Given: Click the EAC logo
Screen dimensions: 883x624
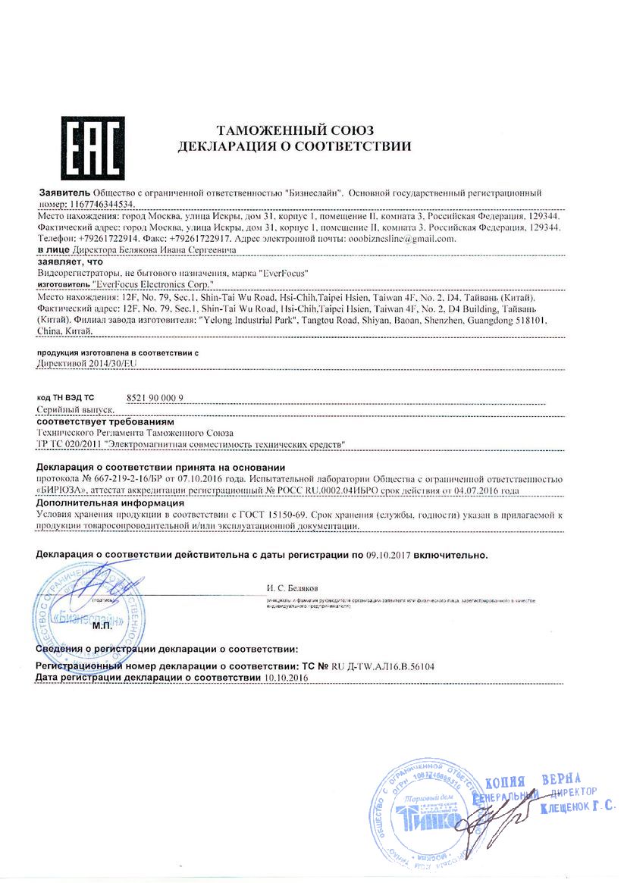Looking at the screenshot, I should point(83,147).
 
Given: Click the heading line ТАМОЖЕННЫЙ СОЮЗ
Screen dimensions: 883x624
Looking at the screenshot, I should point(294,130).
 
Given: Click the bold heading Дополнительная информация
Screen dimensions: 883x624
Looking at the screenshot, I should point(111,502).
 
